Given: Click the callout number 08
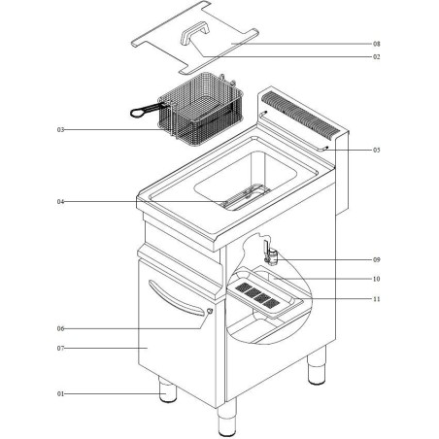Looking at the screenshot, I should coord(376,45).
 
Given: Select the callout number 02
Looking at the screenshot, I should coord(376,58).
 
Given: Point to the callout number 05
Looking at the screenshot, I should coord(376,151).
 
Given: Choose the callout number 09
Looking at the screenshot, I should coord(376,260).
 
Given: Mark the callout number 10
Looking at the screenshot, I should coord(376,279).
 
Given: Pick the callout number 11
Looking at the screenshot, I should coord(376,299).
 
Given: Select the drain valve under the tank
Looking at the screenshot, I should coord(273,255).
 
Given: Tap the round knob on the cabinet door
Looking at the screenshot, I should coord(209,310).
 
